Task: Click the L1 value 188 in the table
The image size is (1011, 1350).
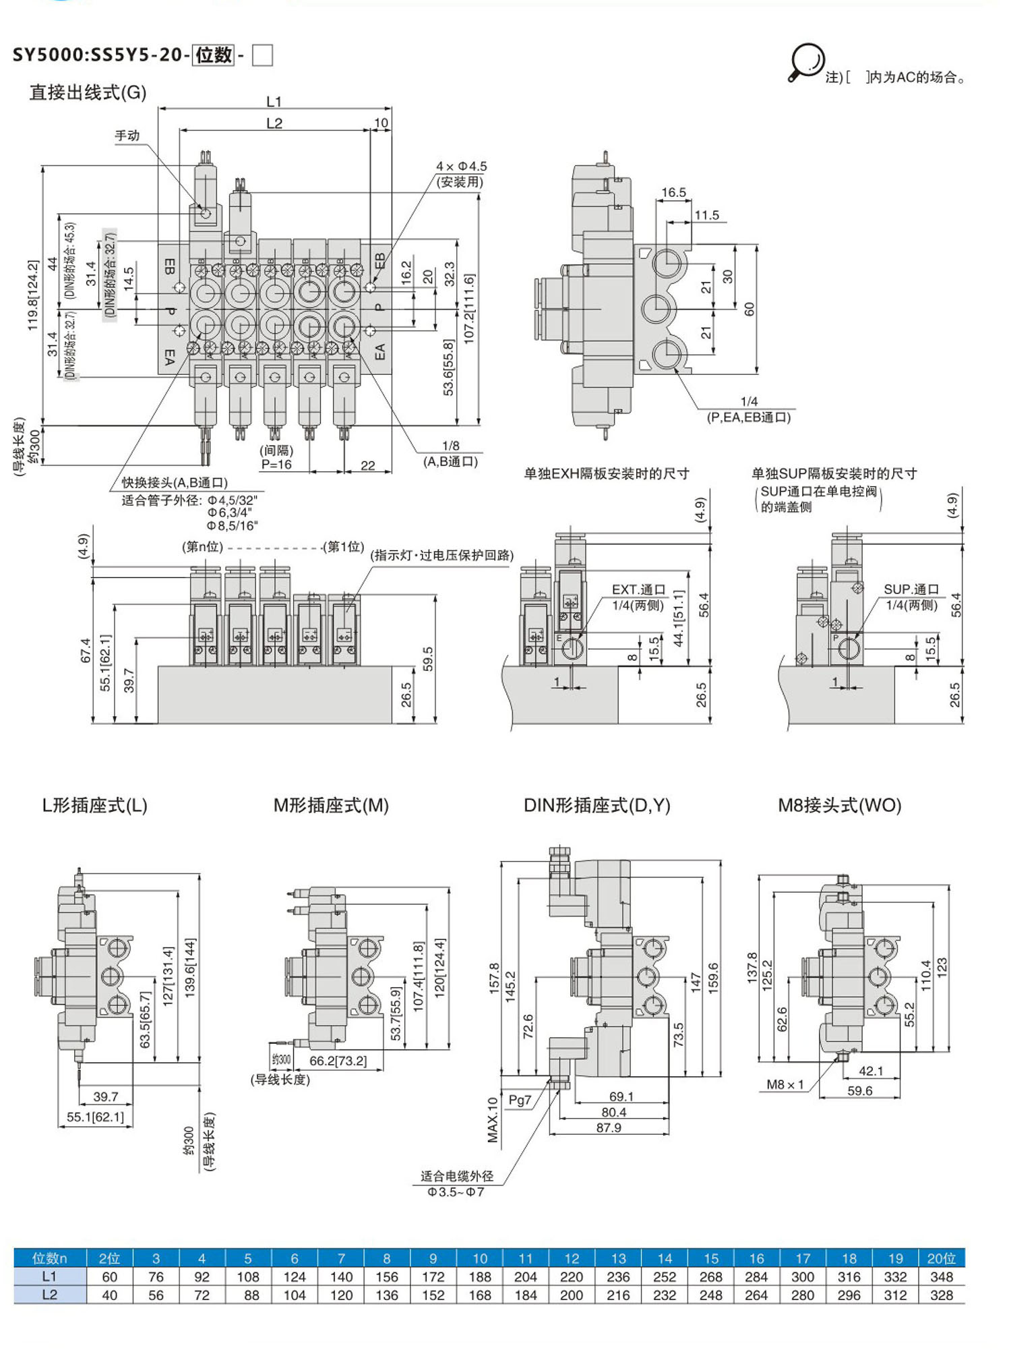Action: [x=479, y=1276]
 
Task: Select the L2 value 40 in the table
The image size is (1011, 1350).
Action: [x=109, y=1295]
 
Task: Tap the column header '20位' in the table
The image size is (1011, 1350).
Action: [x=941, y=1258]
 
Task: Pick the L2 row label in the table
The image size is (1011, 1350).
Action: [x=49, y=1295]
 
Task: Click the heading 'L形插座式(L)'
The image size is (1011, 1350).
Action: [x=94, y=805]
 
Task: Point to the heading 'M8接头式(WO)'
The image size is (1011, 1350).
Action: [x=839, y=805]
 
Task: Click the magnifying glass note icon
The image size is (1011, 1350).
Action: [x=806, y=62]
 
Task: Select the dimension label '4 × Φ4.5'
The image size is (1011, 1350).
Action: [x=461, y=166]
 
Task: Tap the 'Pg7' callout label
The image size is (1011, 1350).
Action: [x=520, y=1100]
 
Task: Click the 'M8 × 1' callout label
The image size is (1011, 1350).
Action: [x=785, y=1084]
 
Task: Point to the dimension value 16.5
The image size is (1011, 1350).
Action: [x=673, y=193]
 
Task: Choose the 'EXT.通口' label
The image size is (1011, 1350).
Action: [x=638, y=589]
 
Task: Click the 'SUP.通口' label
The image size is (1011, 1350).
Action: [x=911, y=589]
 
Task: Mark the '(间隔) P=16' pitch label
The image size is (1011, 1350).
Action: [x=276, y=457]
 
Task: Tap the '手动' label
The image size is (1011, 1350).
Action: [x=127, y=136]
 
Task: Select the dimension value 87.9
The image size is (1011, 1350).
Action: [x=608, y=1127]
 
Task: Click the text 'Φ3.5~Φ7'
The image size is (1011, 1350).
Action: [x=456, y=1192]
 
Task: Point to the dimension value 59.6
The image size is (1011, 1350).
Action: [x=859, y=1090]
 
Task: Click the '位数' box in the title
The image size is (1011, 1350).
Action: [x=214, y=55]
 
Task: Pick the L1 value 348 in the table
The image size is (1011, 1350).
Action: [x=941, y=1276]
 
